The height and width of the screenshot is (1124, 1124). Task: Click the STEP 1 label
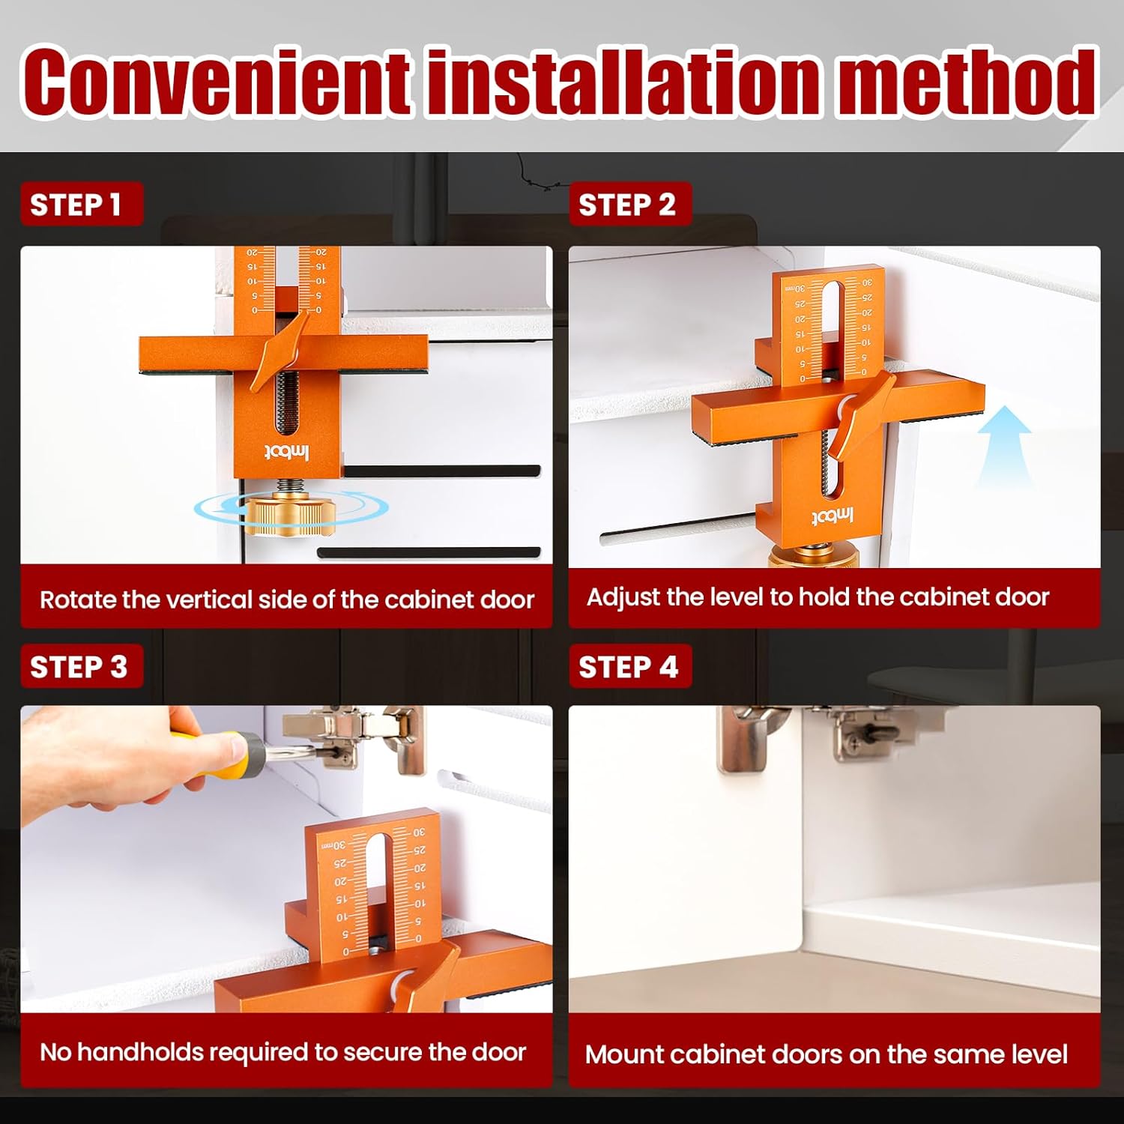coord(76,205)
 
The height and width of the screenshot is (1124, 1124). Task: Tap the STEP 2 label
coord(627,205)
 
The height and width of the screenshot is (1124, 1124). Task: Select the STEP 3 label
coord(79,666)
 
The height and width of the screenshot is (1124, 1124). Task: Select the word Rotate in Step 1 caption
coord(78,599)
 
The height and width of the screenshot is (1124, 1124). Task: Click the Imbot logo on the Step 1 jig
coord(286,452)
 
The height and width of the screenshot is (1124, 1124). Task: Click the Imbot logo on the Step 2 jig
coord(833,517)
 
